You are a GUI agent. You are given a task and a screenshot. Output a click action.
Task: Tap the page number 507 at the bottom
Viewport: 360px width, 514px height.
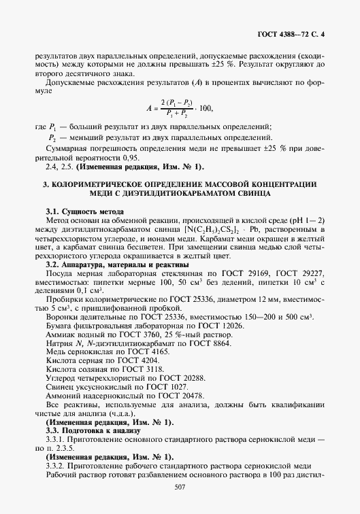tap(180, 487)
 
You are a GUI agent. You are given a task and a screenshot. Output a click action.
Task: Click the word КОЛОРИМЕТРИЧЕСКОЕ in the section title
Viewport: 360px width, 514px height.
tap(98, 184)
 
